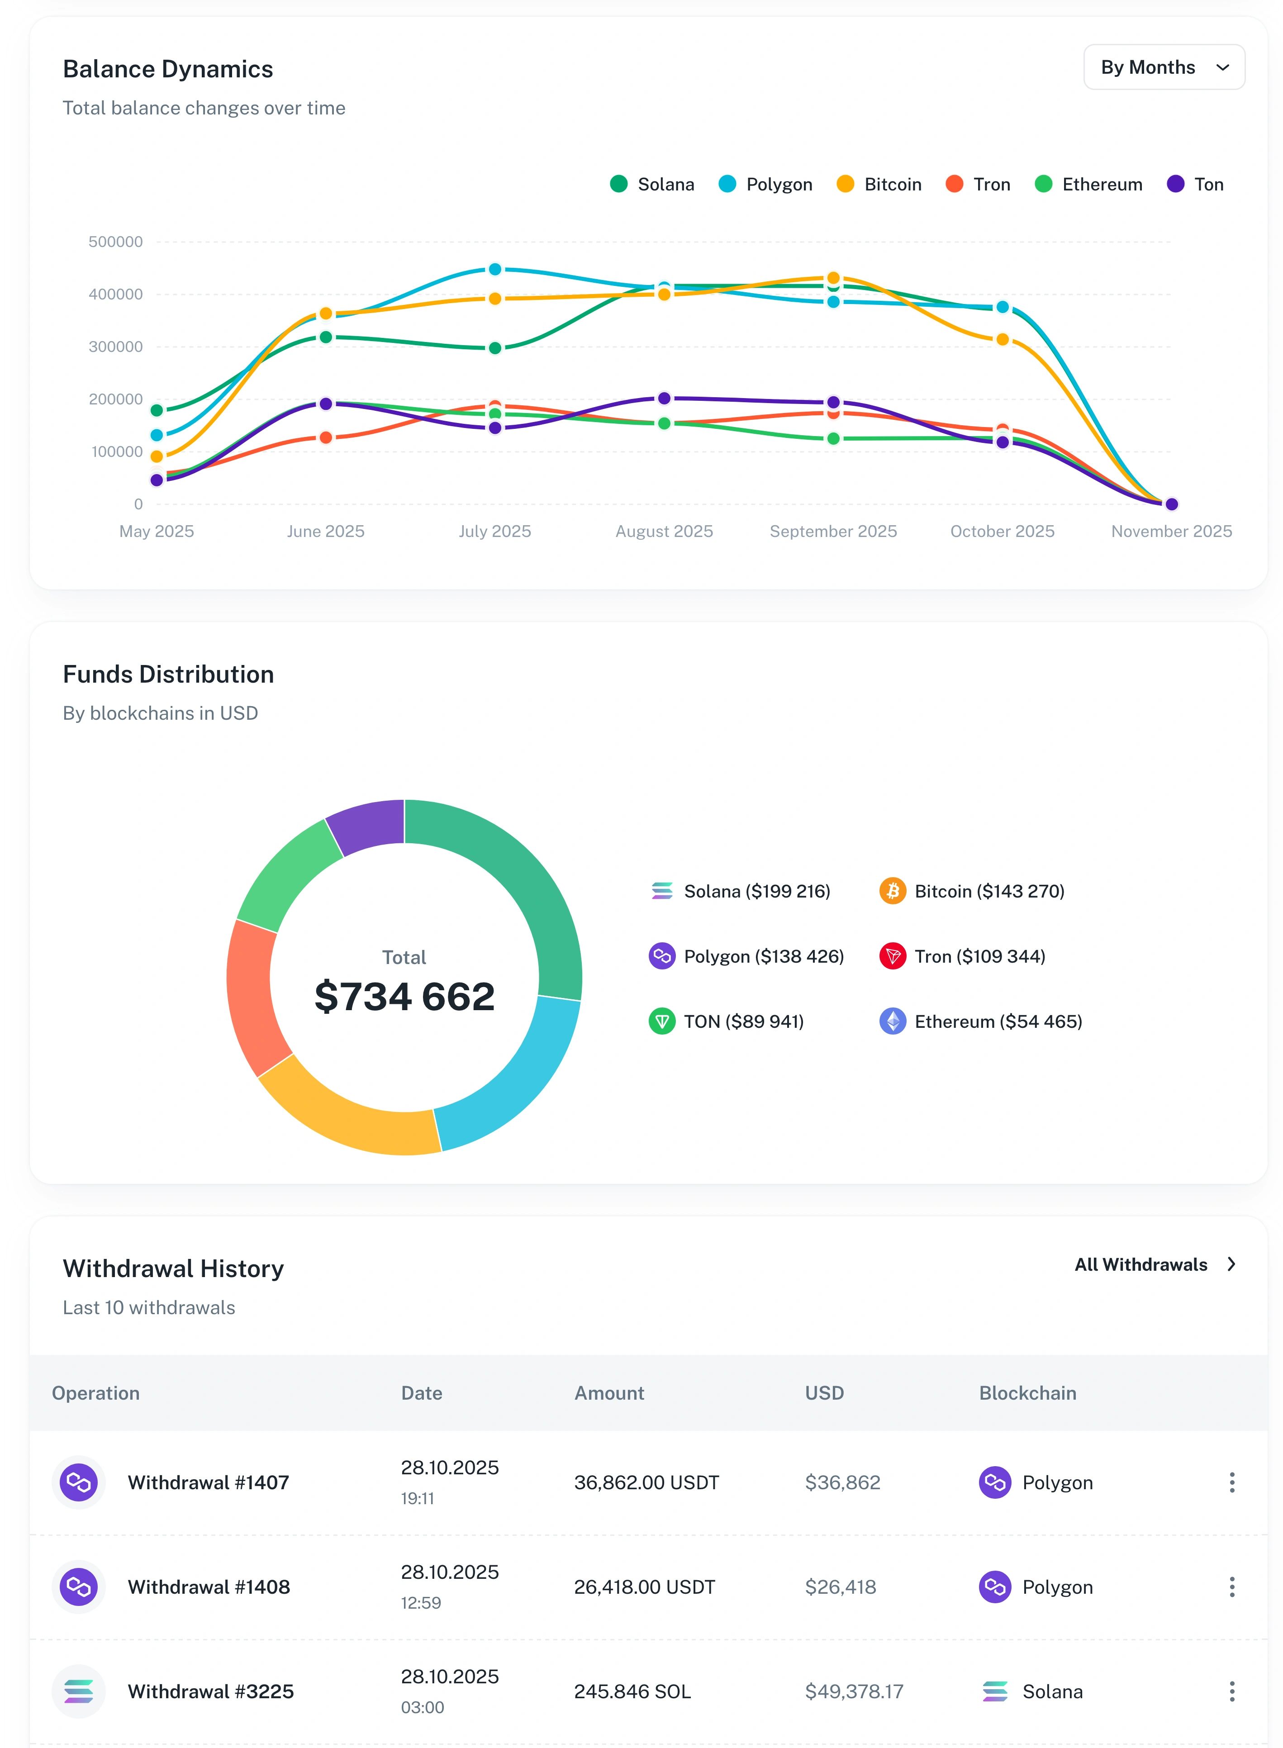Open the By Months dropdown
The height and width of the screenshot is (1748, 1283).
pos(1164,67)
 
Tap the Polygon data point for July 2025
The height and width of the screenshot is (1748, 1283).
pos(495,270)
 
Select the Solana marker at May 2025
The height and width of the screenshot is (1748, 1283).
pos(157,410)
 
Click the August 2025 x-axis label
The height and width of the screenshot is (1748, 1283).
pos(664,531)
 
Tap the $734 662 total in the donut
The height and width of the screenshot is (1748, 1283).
pos(404,996)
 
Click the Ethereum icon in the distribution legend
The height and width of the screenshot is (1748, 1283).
pos(892,1021)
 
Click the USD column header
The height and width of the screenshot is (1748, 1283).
pos(824,1393)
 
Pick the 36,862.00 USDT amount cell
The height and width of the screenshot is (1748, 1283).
pos(646,1482)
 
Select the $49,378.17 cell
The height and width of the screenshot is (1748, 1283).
pos(854,1691)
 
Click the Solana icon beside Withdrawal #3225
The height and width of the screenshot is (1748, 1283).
pos(78,1691)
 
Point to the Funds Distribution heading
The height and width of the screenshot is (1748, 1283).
pos(169,674)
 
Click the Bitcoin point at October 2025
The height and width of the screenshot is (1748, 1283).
pos(1003,339)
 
